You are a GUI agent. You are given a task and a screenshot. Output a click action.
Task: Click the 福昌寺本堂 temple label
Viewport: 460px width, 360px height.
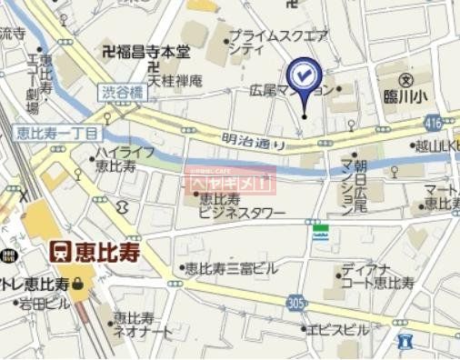149,52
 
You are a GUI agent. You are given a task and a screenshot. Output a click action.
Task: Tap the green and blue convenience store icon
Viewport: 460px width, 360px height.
319,233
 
